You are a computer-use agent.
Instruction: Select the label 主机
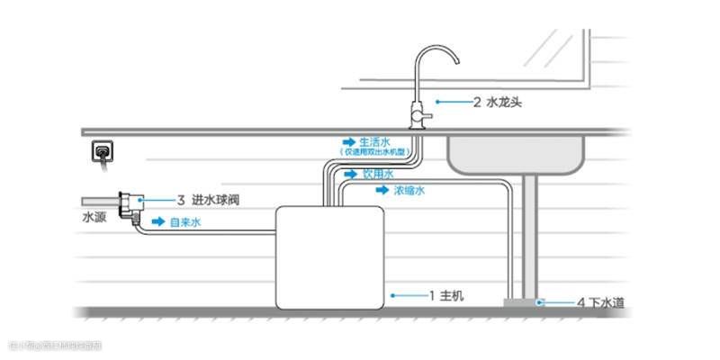point(451,294)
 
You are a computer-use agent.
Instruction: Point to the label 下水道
point(607,302)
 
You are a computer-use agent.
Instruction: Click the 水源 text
point(94,217)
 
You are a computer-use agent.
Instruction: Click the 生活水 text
point(374,142)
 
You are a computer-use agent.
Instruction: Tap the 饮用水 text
point(378,174)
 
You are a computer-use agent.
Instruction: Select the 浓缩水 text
point(409,191)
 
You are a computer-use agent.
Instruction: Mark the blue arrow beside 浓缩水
point(383,191)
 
